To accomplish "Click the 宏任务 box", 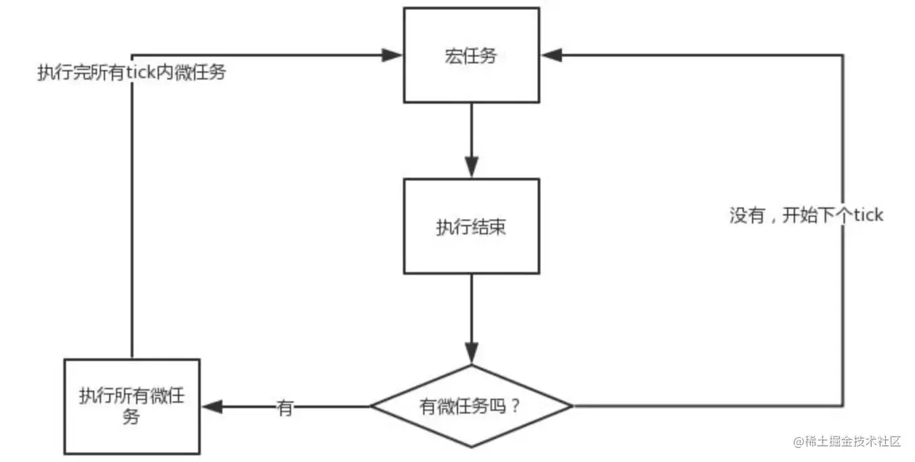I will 471,55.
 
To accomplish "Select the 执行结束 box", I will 471,226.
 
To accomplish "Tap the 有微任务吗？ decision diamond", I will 471,406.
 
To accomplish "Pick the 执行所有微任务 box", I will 131,406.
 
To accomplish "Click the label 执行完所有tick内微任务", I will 131,73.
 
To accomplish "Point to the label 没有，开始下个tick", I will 806,216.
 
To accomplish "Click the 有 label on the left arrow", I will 285,407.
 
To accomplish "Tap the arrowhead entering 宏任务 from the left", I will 392,55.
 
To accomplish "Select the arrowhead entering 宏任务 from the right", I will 552,55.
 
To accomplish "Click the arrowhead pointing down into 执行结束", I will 471,167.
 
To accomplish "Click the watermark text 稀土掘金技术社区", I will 852,442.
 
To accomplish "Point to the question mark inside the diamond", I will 515,407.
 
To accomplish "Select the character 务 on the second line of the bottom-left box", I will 131,418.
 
